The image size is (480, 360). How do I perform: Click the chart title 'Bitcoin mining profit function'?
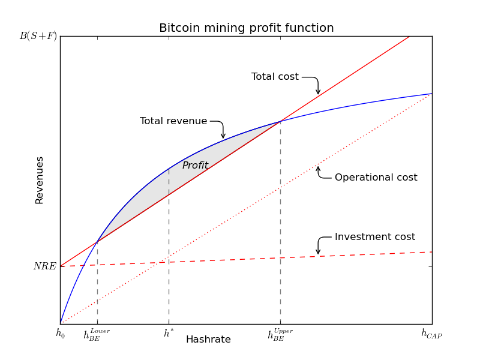tap(246, 28)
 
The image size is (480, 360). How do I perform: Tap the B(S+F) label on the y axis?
tap(38, 36)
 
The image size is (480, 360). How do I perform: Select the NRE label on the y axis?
tap(44, 266)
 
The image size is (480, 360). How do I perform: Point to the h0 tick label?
tap(61, 334)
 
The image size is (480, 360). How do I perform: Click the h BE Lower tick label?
tap(97, 334)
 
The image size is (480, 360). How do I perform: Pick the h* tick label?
tap(169, 333)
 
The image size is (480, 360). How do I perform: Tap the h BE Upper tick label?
tap(280, 334)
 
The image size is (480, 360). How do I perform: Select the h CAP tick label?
tap(431, 334)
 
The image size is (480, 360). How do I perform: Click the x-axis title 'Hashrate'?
tap(208, 339)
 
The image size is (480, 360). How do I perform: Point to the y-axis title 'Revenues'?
tap(39, 181)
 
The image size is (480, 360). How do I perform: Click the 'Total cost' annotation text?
tap(275, 77)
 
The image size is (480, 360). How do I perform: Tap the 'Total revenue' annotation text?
tap(173, 121)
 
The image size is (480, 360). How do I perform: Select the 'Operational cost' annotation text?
tap(376, 177)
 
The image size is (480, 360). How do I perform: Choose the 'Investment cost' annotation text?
tap(374, 236)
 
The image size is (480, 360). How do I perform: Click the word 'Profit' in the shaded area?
tap(195, 166)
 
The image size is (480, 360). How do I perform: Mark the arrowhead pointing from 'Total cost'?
tap(318, 92)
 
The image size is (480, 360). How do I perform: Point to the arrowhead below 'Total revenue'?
tap(223, 136)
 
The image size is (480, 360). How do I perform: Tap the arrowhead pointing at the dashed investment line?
tap(318, 251)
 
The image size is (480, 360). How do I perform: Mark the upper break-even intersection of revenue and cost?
tap(280, 122)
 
